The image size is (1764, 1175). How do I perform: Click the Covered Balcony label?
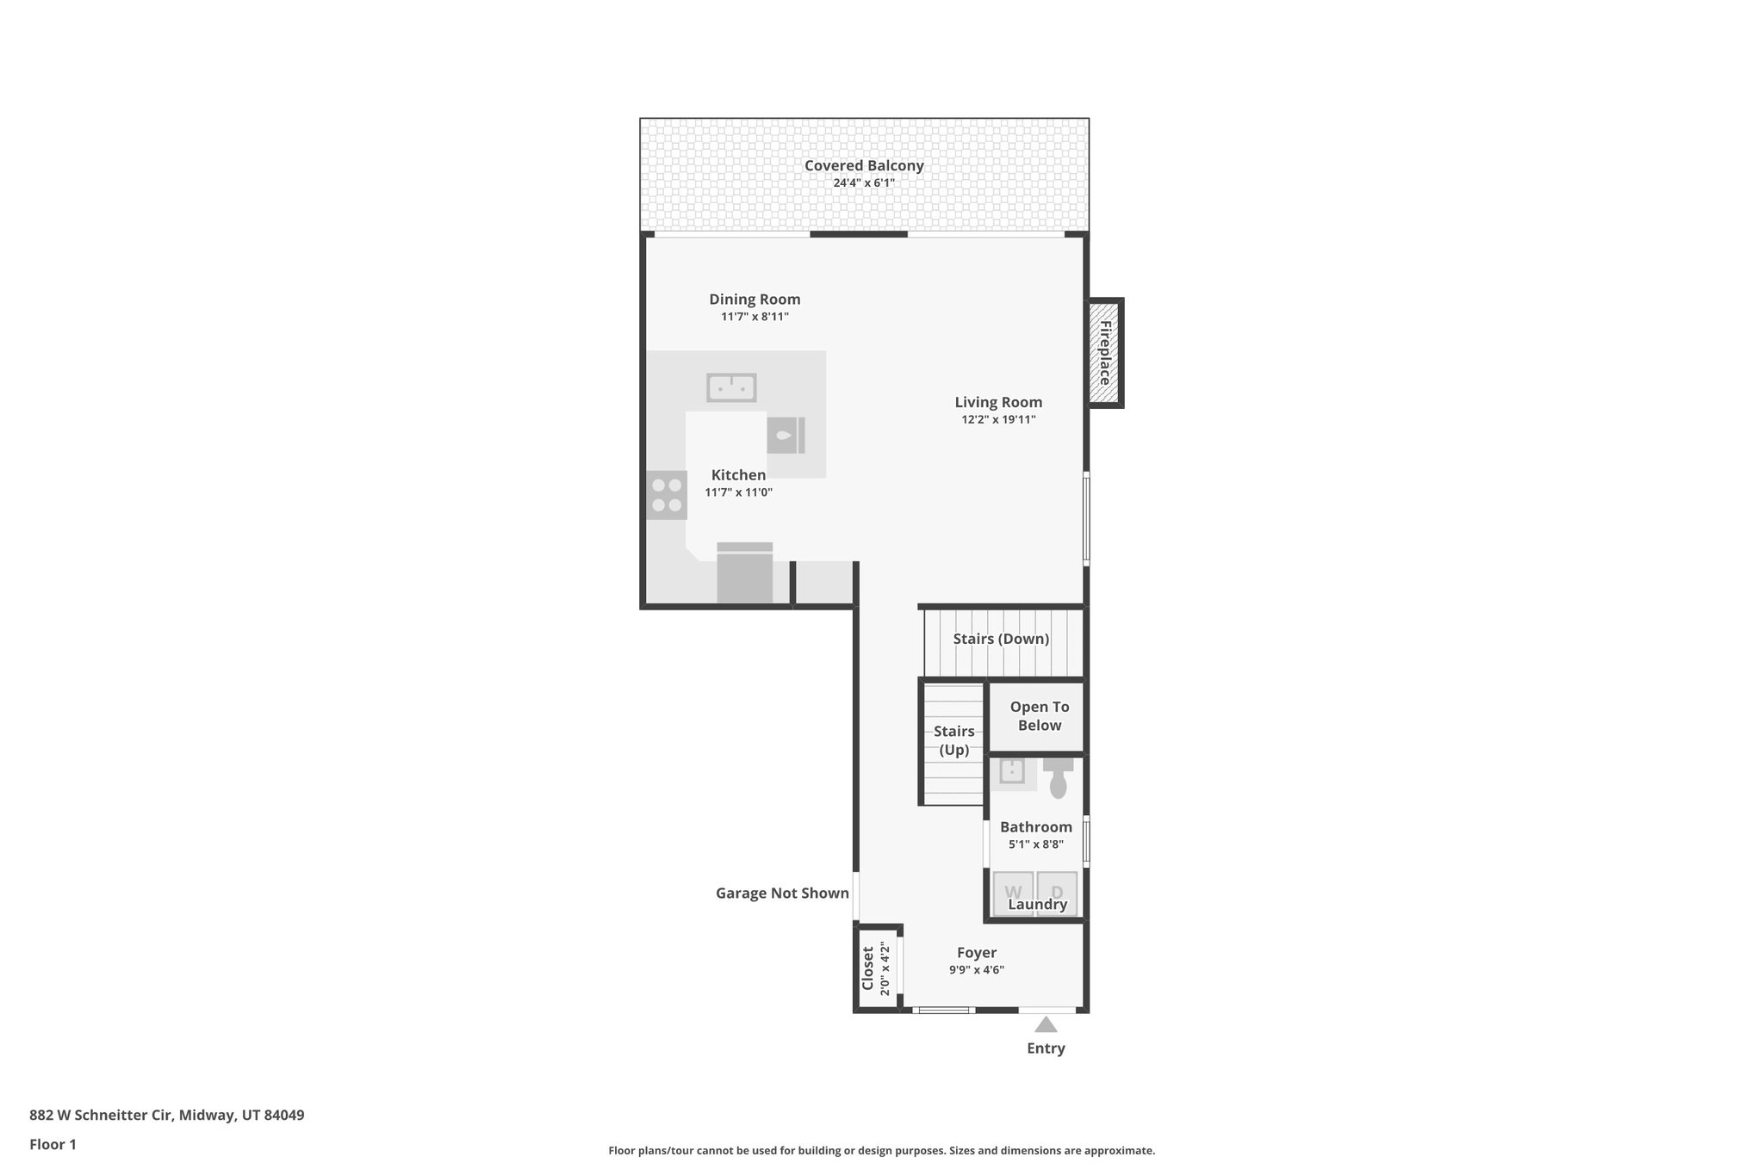click(x=864, y=165)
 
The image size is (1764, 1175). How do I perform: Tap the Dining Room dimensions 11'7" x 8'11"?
click(x=755, y=317)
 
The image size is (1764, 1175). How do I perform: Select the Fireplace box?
click(x=1104, y=353)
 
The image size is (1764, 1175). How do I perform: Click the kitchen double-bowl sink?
click(x=731, y=388)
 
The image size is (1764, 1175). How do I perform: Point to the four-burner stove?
click(x=667, y=495)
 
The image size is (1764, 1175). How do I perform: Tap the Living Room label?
click(x=998, y=402)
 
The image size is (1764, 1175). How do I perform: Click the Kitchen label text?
click(x=738, y=475)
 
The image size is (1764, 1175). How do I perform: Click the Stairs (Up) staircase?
click(x=953, y=742)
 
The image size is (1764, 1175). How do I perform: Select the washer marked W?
click(x=1013, y=892)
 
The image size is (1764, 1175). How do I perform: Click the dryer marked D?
click(x=1057, y=892)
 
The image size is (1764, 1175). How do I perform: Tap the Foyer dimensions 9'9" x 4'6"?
click(x=977, y=969)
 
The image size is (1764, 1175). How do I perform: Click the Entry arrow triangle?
click(x=1046, y=1024)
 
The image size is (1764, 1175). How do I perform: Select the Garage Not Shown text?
click(x=782, y=894)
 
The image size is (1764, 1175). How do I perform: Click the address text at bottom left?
click(x=166, y=1115)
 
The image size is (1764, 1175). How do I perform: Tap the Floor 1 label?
click(x=53, y=1144)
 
